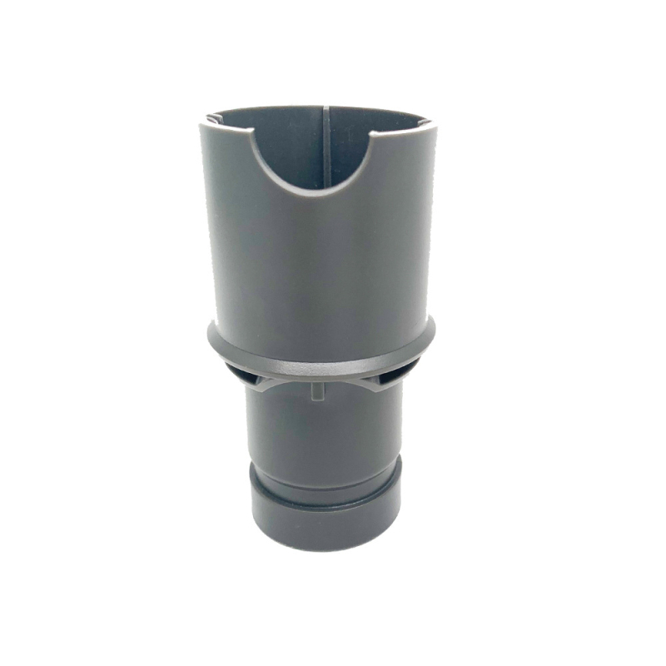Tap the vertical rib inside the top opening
(322, 146)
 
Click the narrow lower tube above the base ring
(325, 433)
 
